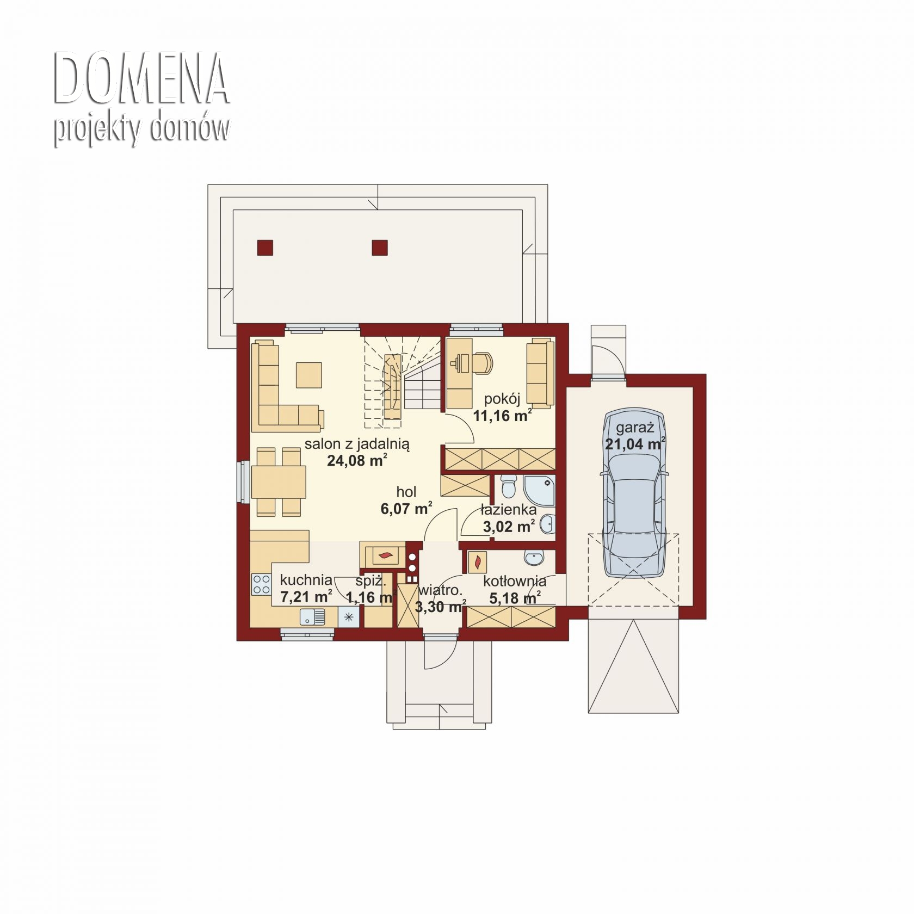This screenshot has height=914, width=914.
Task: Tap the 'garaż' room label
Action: click(634, 427)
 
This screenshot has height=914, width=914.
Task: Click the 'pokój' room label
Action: click(502, 399)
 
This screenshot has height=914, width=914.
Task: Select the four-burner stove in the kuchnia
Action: click(261, 584)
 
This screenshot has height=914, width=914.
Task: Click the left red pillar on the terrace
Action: click(265, 248)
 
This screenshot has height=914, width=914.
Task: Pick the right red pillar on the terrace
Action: click(380, 248)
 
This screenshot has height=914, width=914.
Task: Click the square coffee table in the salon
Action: click(309, 375)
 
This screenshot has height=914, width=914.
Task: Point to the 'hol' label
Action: click(406, 492)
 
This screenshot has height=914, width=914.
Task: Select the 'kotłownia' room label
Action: click(515, 581)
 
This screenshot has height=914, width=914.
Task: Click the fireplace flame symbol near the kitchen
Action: click(386, 555)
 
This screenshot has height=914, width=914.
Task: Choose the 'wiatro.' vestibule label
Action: click(441, 590)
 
